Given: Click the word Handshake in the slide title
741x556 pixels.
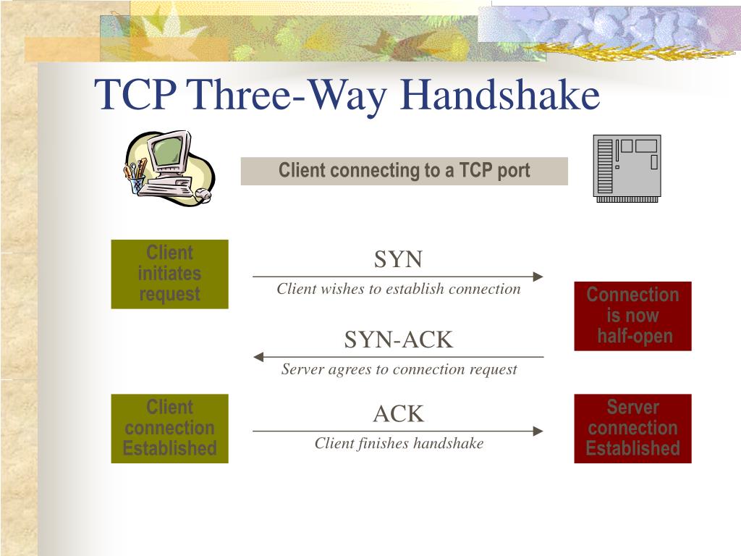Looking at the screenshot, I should [x=500, y=96].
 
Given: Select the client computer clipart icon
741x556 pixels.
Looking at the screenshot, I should [x=169, y=168].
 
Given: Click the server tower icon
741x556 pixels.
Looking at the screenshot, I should [x=626, y=168].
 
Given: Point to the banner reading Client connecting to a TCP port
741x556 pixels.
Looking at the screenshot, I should [x=404, y=171].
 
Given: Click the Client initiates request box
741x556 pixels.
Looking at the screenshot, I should [x=169, y=274].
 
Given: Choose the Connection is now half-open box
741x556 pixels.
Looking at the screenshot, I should [x=632, y=316].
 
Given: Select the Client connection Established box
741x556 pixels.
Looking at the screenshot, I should [x=169, y=428].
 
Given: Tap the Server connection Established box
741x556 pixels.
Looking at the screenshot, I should [x=632, y=428].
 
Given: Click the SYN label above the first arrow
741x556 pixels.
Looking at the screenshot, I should [x=398, y=259].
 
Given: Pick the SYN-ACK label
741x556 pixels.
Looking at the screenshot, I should [x=398, y=339].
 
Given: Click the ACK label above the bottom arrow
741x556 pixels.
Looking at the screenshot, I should [x=398, y=414].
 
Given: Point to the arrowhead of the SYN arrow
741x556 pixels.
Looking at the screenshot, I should [x=538, y=277].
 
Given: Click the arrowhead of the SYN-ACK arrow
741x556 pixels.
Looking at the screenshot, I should [x=258, y=357].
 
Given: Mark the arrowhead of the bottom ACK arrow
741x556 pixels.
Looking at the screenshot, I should [x=538, y=431].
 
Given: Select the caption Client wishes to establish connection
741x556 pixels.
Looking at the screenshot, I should [x=398, y=290].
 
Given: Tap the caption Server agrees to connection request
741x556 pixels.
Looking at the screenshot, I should [x=399, y=370].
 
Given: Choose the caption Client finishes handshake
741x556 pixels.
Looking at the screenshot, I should [x=399, y=444].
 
